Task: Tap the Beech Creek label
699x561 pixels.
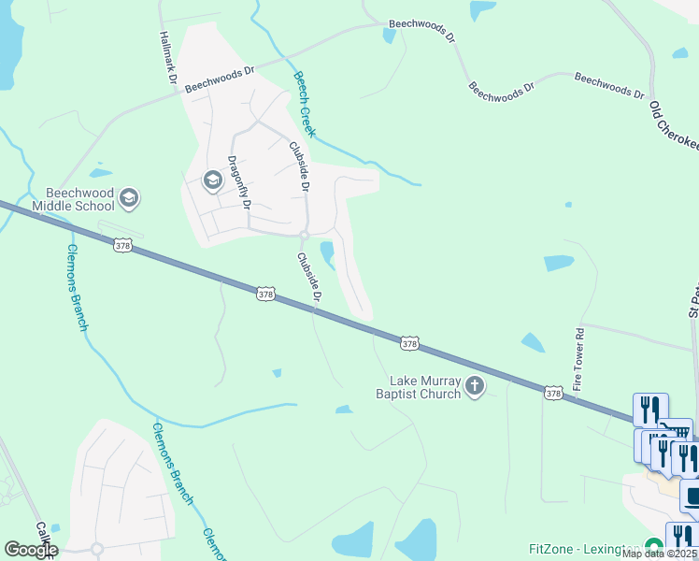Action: (305, 104)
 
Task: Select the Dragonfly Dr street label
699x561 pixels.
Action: (240, 181)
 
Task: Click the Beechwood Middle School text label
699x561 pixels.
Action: (73, 199)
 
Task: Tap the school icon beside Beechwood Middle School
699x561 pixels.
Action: (129, 197)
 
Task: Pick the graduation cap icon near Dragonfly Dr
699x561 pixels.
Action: (213, 180)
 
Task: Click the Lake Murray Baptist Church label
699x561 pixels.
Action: (426, 387)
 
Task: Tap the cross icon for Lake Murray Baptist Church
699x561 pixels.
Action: (475, 386)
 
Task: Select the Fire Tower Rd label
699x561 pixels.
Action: (579, 359)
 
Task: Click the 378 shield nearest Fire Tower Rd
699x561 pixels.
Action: (553, 394)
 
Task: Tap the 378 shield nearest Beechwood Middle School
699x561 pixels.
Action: (122, 246)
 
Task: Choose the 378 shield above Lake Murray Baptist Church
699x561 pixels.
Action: (408, 344)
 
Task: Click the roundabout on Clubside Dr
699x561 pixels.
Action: (305, 235)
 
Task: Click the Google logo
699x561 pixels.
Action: (31, 550)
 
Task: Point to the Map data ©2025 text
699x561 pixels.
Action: (659, 554)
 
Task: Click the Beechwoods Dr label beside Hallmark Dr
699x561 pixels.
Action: (219, 79)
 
